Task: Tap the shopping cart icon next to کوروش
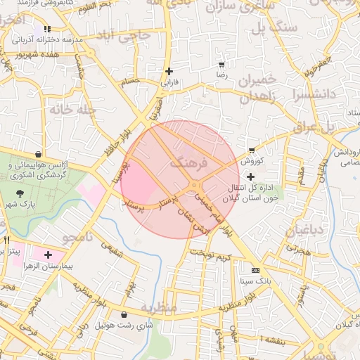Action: point(252,150)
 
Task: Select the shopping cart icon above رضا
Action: point(222,64)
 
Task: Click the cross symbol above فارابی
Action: point(169,71)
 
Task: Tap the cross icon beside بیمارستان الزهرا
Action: point(48,254)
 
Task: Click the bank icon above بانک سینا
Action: point(255,270)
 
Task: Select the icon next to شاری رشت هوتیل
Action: point(124,315)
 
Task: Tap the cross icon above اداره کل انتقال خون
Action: point(251,176)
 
